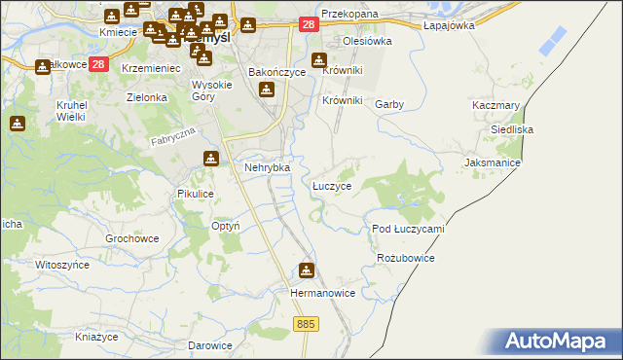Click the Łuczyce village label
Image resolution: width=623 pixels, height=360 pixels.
(331, 185)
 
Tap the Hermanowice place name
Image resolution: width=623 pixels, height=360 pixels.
(317, 292)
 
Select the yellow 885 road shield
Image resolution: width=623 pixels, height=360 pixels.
(305, 323)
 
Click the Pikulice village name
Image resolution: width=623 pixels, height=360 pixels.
(195, 194)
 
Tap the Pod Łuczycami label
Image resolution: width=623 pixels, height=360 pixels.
(408, 229)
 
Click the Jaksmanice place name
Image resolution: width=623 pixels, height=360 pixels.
(494, 162)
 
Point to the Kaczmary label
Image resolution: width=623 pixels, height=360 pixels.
(495, 104)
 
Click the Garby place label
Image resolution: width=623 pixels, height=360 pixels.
(389, 104)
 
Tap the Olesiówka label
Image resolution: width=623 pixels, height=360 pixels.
(367, 42)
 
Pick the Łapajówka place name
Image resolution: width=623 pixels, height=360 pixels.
(449, 25)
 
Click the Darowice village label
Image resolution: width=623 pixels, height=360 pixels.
(210, 345)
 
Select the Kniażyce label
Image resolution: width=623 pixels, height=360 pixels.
(96, 337)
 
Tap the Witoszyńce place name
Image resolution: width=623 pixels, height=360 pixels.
(61, 265)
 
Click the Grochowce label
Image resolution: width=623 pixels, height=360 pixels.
(131, 238)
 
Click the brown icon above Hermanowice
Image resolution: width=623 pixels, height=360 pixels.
(308, 270)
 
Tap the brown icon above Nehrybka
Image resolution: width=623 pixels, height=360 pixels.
(210, 159)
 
